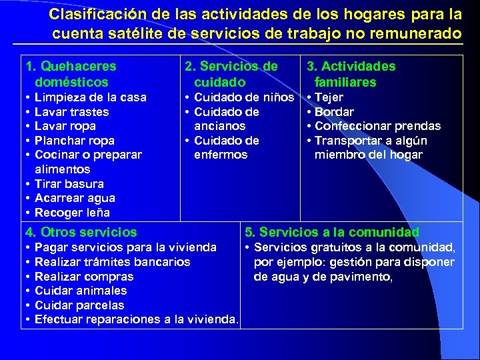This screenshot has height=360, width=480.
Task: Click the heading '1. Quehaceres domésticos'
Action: [71, 74]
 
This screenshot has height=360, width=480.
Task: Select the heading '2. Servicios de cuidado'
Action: [231, 74]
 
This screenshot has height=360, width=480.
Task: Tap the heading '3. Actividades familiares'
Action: [351, 74]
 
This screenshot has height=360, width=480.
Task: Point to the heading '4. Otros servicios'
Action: [81, 233]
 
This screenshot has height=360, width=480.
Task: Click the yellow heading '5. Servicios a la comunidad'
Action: [332, 233]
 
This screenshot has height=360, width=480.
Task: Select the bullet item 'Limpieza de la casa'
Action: [90, 97]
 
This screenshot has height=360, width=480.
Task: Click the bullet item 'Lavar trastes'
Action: [71, 112]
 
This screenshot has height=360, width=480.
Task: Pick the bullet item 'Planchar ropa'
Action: [74, 141]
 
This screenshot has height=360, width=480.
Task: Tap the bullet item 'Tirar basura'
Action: [69, 184]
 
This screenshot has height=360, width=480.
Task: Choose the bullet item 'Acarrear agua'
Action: [75, 198]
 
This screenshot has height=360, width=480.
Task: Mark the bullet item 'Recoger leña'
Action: [72, 213]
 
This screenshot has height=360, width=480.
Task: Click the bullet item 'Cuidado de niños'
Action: [243, 97]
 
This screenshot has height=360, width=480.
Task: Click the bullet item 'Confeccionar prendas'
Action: [377, 126]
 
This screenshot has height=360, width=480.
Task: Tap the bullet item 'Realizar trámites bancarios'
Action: [112, 262]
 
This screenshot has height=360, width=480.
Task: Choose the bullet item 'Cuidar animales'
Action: [80, 291]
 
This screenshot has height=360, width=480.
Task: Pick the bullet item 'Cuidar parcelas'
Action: [79, 305]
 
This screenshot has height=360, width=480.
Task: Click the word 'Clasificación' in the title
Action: [90, 15]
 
